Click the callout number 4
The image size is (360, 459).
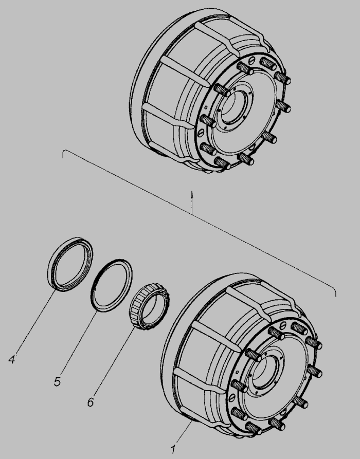[x=12, y=359]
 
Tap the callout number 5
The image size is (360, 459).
[x=58, y=382]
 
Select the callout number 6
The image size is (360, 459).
[x=91, y=402]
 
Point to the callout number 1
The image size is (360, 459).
[x=173, y=449]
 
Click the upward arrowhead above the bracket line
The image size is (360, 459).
[x=192, y=194]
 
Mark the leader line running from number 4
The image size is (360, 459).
[x=35, y=322]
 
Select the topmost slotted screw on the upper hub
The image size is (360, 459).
[x=251, y=61]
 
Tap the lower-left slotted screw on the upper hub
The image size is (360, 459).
[x=201, y=133]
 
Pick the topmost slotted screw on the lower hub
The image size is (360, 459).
[x=283, y=325]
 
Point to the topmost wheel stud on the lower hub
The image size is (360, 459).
[x=300, y=328]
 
